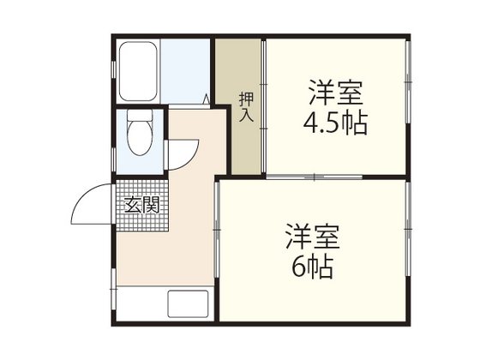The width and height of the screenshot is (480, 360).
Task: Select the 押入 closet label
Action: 245,105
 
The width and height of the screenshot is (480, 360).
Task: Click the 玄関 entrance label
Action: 142,205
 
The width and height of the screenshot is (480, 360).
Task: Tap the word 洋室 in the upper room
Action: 335,92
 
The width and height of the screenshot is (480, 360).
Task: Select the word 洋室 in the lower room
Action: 312,233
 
